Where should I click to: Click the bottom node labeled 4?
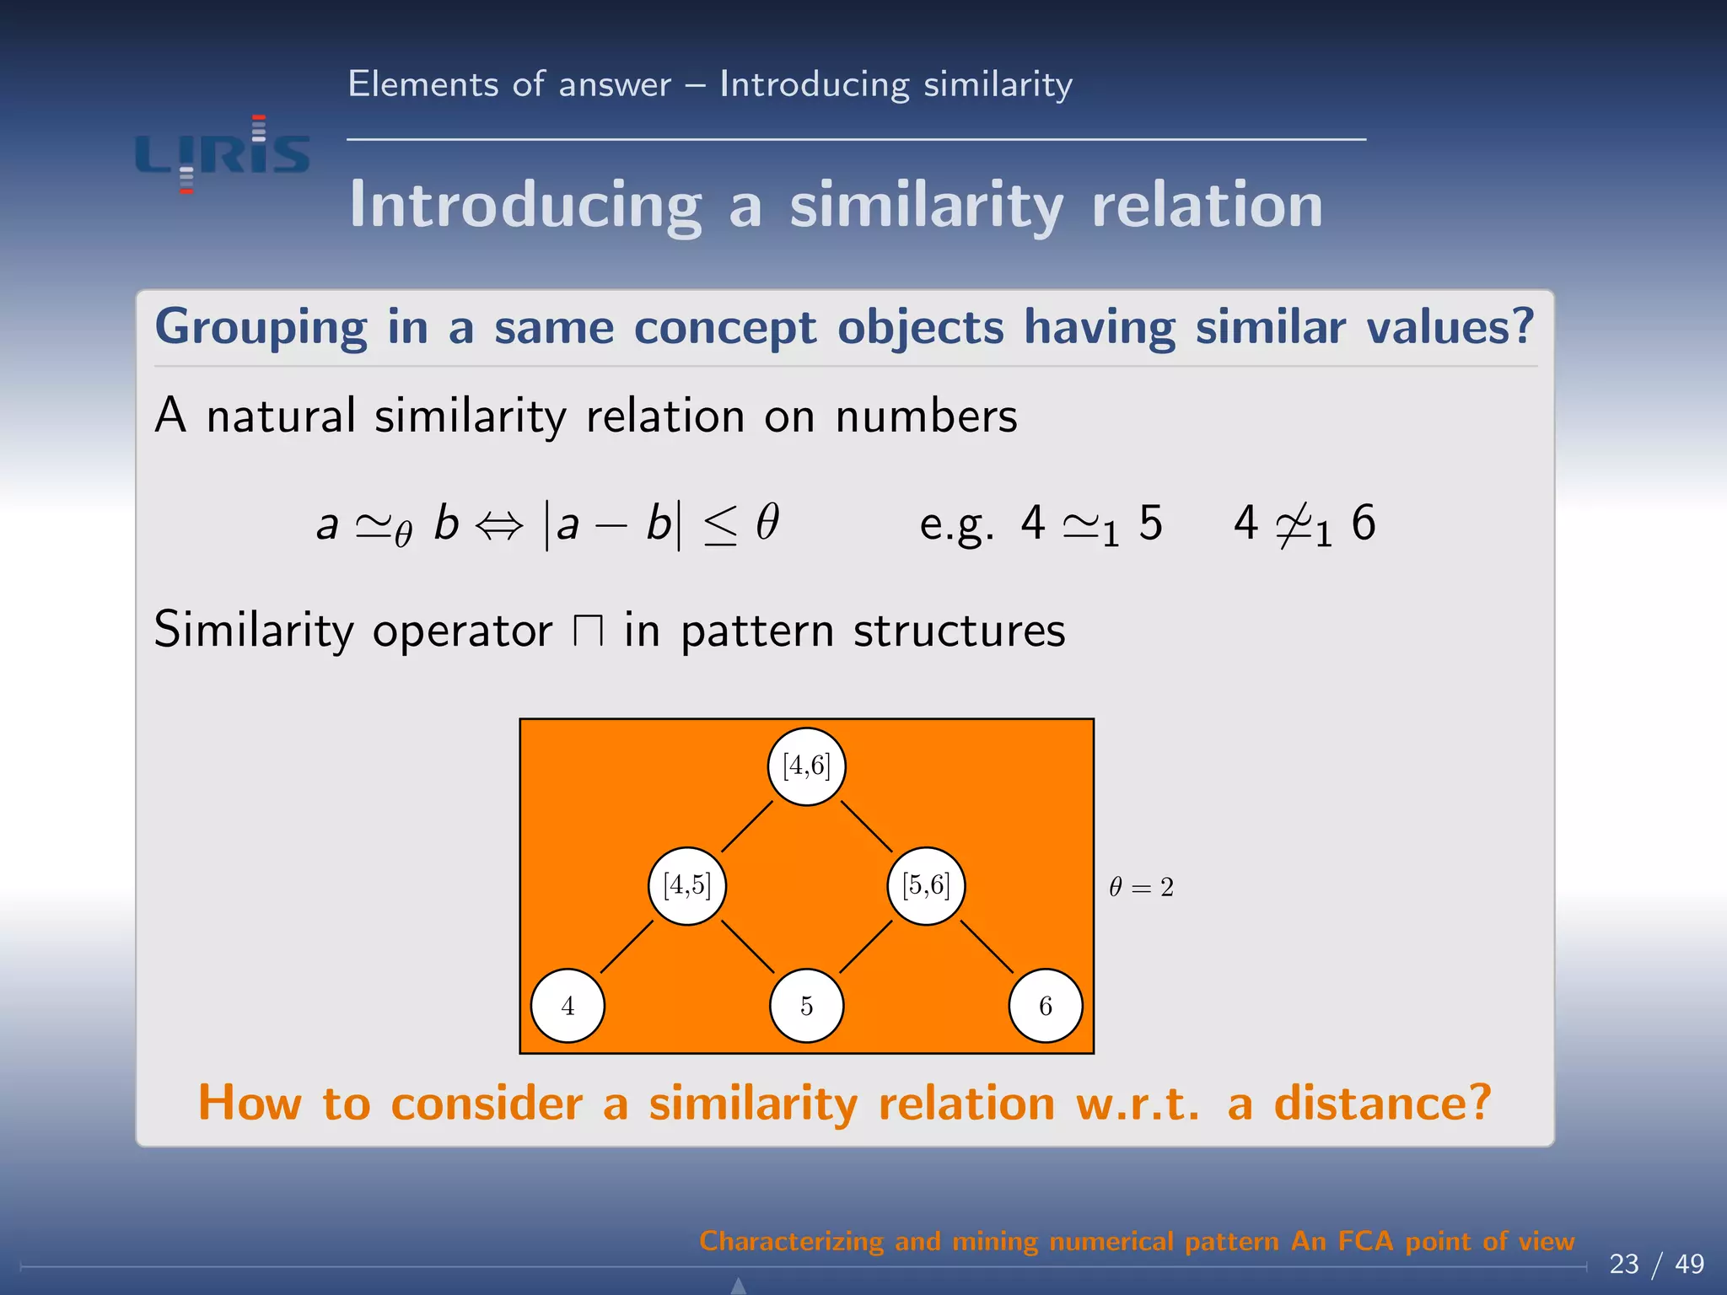point(568,1005)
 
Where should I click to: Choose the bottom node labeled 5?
point(806,1005)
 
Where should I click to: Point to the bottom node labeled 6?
point(1046,1005)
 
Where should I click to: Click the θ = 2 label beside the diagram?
point(1141,887)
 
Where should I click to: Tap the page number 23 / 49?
point(1656,1263)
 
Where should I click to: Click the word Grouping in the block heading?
point(261,327)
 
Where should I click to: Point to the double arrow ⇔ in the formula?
point(499,526)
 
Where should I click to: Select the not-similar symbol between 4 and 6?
point(1294,526)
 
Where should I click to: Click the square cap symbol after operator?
point(588,631)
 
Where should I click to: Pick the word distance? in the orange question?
point(1382,1103)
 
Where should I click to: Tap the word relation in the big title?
point(1207,205)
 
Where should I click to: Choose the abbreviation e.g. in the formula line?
point(956,526)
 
